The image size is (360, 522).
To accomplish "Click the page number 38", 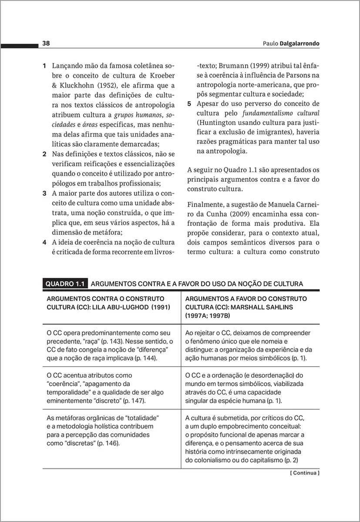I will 46,43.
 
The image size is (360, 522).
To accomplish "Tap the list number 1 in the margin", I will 44,66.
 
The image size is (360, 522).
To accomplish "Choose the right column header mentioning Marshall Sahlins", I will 246,307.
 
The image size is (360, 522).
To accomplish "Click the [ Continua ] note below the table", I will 305,473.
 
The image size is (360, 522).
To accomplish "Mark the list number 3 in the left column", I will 44,193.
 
